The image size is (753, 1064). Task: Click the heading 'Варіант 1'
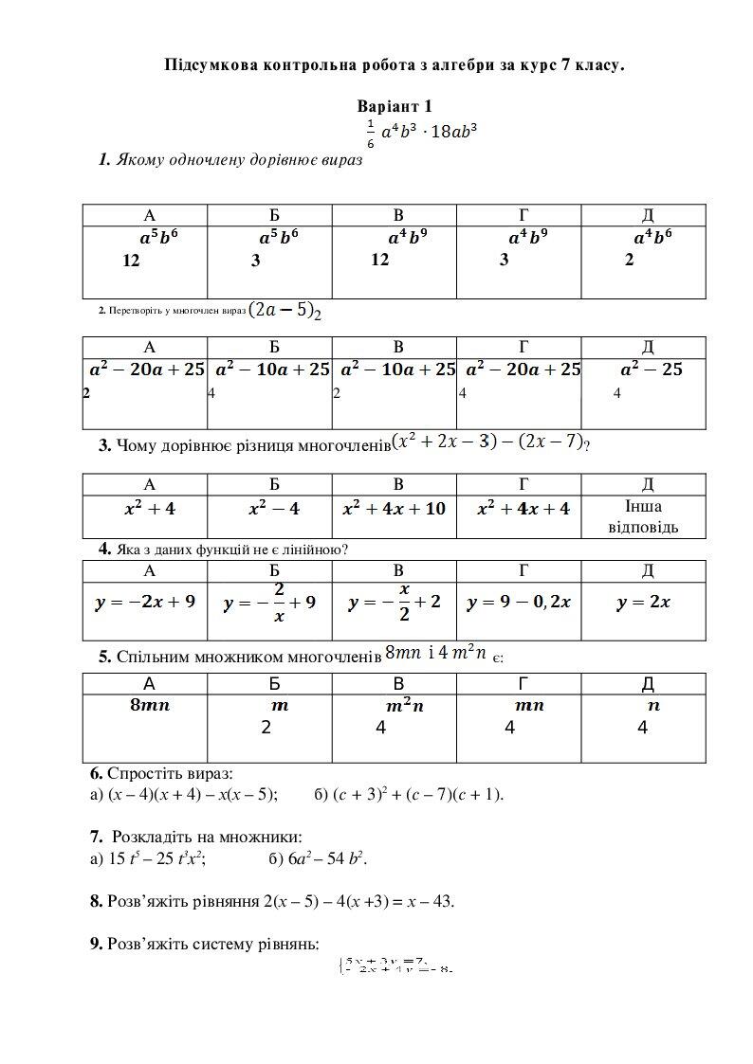tap(395, 107)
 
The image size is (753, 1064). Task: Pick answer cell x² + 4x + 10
tap(394, 509)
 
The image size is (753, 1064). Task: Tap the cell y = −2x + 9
tap(145, 602)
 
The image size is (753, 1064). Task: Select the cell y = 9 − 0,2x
tap(520, 602)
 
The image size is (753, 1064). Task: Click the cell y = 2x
tap(643, 602)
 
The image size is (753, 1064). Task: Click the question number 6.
tap(96, 773)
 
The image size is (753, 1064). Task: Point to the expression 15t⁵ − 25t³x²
tap(155, 859)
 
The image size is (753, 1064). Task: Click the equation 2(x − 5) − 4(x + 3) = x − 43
tap(358, 900)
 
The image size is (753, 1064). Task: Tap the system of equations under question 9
tap(395, 965)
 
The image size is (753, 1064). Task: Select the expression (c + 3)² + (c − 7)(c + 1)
tap(417, 794)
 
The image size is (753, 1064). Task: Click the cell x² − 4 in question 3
tap(273, 509)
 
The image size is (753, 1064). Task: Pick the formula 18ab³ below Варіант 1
tap(453, 133)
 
